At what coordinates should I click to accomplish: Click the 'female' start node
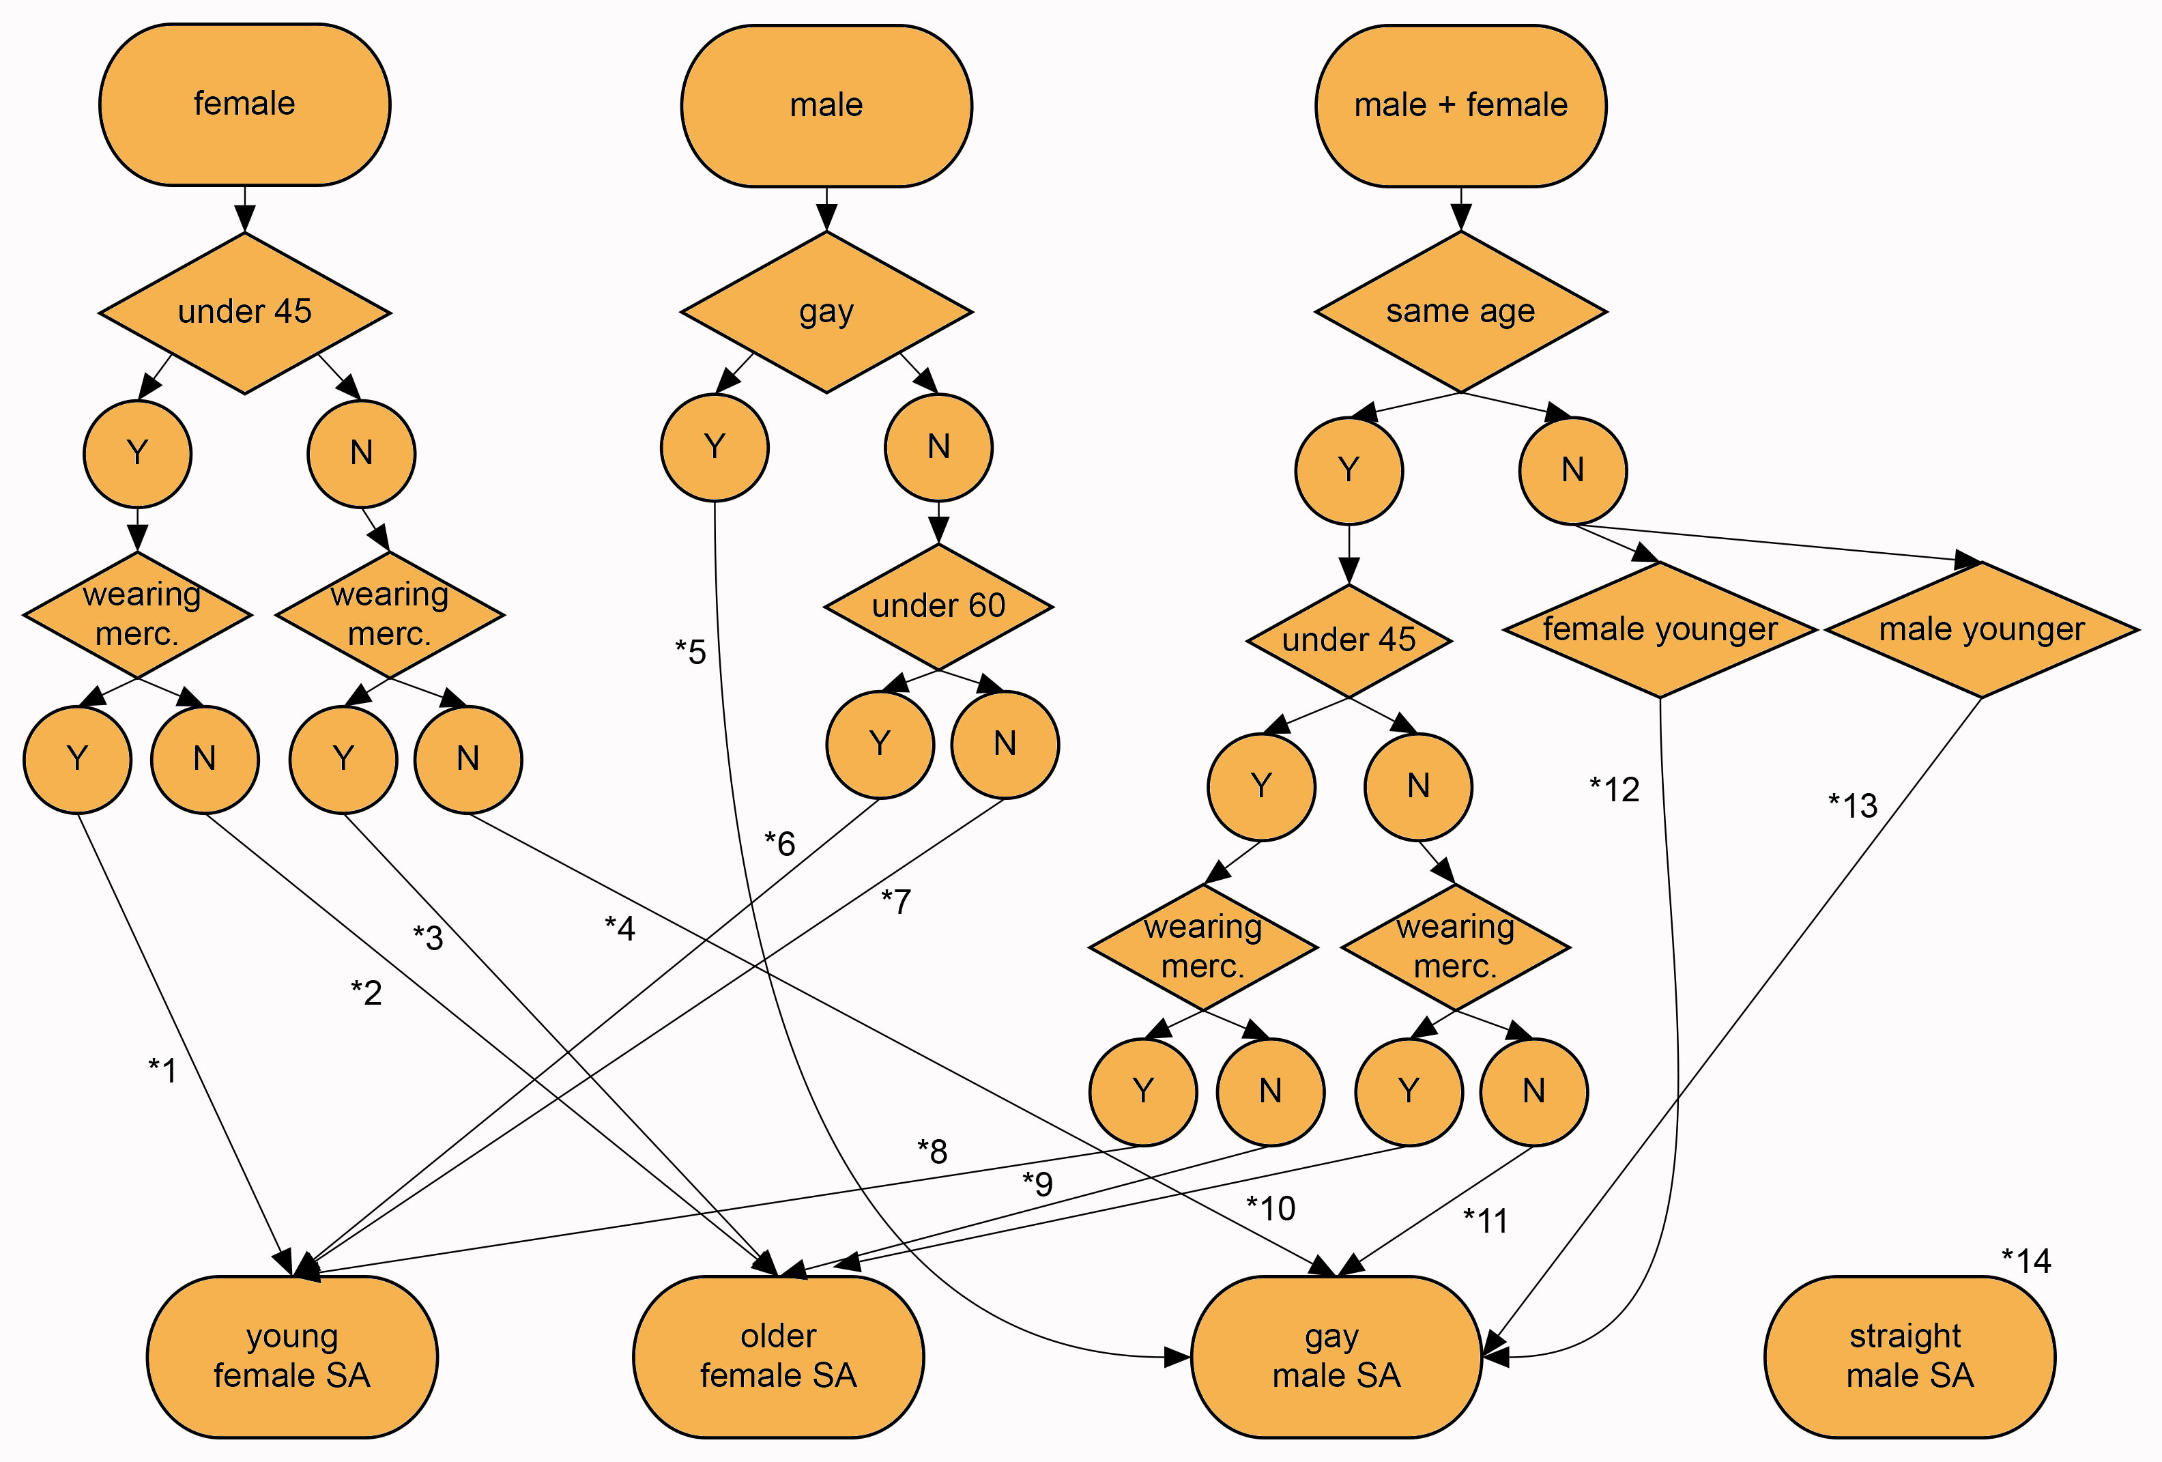click(245, 104)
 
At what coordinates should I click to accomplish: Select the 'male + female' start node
click(1460, 105)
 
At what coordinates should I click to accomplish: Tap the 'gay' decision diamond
click(826, 312)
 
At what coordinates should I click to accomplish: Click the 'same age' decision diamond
click(1460, 312)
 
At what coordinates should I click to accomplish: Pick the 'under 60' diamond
click(938, 606)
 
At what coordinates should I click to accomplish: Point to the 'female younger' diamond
click(1660, 629)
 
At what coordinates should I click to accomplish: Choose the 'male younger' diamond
click(1982, 629)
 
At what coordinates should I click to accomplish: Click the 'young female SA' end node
click(292, 1356)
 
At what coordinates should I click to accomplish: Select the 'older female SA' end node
click(779, 1356)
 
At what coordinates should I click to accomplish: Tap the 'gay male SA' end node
click(1336, 1356)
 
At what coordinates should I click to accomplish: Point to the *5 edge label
click(690, 651)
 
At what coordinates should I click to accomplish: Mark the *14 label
click(2026, 1261)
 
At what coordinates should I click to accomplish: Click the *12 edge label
click(1614, 789)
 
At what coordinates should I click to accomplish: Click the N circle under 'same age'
click(1572, 470)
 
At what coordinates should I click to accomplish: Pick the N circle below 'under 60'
click(1005, 743)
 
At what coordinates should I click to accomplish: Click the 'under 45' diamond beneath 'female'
click(245, 312)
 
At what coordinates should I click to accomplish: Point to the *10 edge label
click(1271, 1208)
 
